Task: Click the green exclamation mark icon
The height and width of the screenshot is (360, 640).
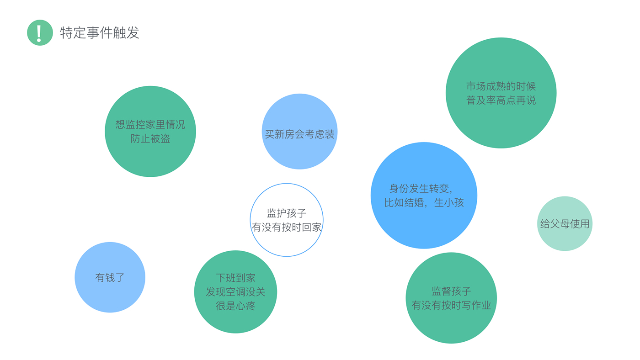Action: [x=40, y=32]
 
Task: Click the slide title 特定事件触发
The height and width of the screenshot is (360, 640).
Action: [x=100, y=33]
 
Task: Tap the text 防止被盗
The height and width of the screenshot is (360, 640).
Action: [x=150, y=139]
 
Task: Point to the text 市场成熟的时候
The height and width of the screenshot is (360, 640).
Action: [x=501, y=86]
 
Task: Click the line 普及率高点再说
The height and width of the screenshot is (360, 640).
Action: [x=501, y=101]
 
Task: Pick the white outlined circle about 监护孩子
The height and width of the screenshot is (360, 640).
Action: [x=287, y=242]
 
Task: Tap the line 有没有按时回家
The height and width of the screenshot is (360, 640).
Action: [x=287, y=227]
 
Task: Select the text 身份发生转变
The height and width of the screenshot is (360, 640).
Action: [x=421, y=188]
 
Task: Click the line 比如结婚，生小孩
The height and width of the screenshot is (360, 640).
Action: [x=424, y=202]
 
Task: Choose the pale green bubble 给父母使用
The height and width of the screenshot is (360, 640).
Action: [x=565, y=224]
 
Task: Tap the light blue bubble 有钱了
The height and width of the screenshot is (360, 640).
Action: [x=110, y=277]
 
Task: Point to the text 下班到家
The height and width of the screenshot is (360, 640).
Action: [x=235, y=278]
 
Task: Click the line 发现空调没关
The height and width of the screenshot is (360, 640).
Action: [x=235, y=292]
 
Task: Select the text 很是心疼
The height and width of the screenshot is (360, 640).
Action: [x=235, y=306]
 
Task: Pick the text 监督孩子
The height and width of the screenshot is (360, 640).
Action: [x=451, y=291]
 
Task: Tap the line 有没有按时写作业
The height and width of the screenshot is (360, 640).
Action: [x=451, y=305]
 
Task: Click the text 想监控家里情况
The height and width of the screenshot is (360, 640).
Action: [x=150, y=125]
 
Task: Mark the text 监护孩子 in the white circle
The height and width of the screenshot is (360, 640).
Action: [x=287, y=213]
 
